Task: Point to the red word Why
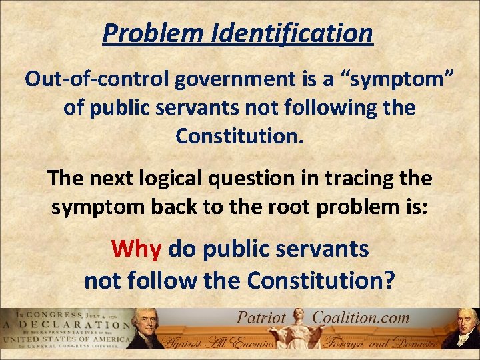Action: click(137, 249)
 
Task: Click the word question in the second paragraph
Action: click(286, 178)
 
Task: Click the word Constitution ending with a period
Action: click(240, 136)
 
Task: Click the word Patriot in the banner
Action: click(262, 317)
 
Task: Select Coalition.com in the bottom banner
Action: click(362, 317)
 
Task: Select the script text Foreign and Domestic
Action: click(381, 343)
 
